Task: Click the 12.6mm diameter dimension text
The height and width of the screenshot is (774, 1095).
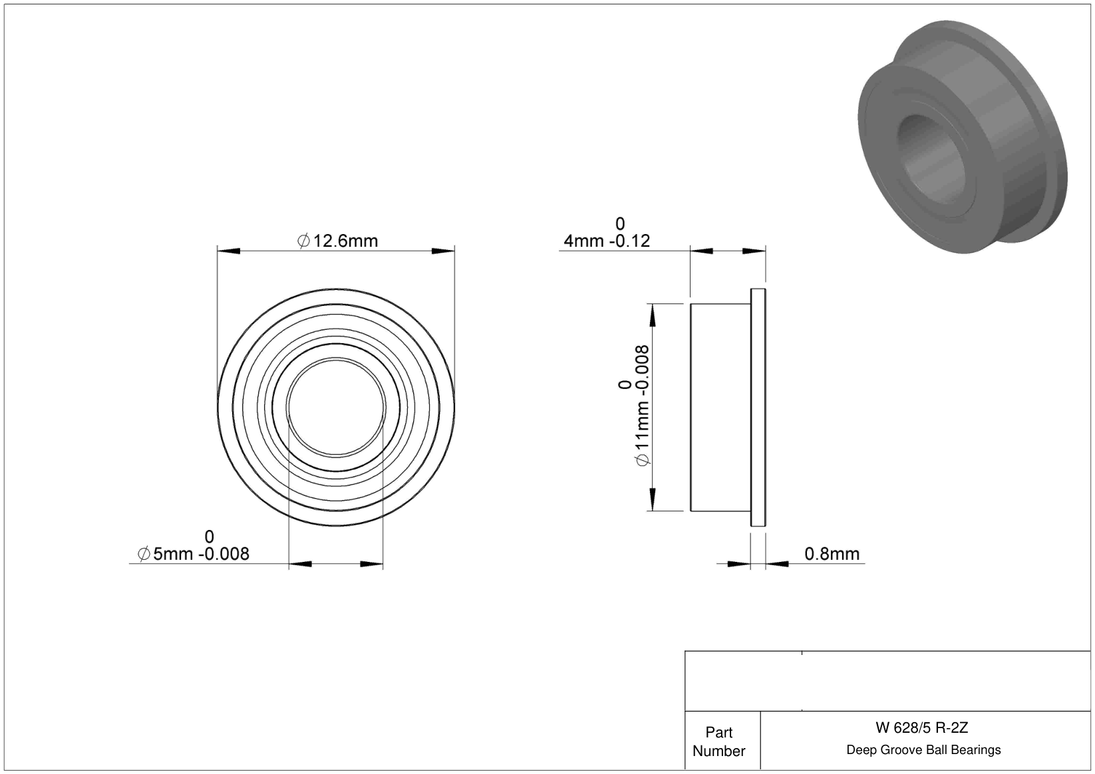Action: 337,241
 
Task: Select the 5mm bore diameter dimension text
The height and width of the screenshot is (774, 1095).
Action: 194,554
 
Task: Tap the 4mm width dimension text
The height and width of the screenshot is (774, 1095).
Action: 607,241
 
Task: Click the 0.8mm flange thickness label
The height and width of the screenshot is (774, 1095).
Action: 832,554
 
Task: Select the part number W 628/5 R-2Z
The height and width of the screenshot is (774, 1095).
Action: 921,727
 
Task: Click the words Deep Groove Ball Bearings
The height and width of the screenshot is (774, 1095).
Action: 923,749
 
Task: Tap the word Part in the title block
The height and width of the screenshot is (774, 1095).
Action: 718,732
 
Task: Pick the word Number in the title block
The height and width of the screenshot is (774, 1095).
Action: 718,751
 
